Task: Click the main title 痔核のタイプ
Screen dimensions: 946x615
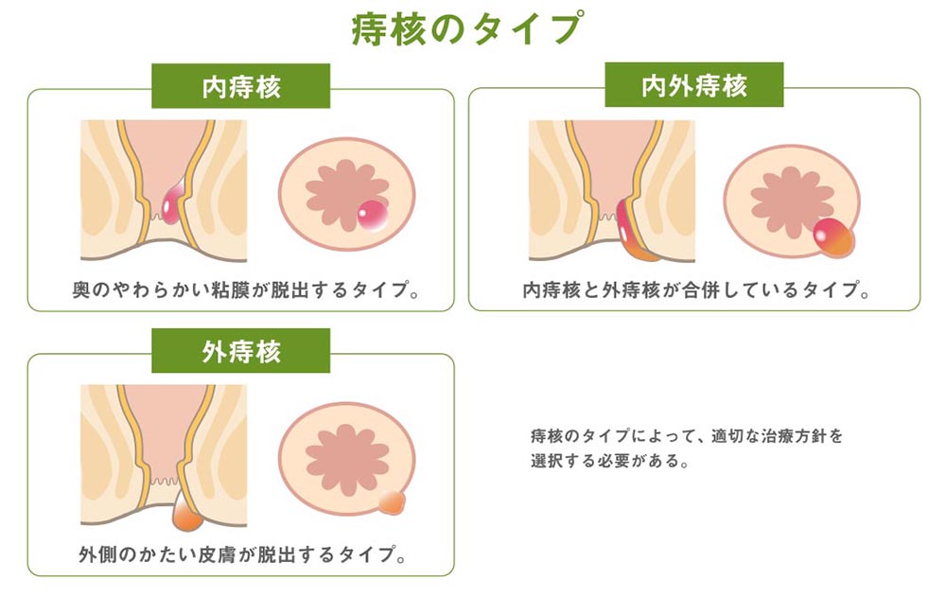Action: tap(467, 29)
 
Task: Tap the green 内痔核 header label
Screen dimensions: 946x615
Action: tap(240, 86)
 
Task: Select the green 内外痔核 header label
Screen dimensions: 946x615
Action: tap(693, 85)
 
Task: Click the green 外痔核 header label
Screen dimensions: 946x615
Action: tap(240, 351)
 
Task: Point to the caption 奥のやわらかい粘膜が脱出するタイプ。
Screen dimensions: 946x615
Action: tap(246, 290)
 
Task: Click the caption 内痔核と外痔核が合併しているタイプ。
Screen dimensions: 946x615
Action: tap(696, 290)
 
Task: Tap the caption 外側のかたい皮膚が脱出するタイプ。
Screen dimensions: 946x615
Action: tap(242, 554)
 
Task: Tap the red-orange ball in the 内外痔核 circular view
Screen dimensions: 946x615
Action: tap(833, 237)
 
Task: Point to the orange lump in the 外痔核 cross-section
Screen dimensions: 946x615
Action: tap(186, 512)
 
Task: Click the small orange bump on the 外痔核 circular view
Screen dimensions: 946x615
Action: tap(392, 502)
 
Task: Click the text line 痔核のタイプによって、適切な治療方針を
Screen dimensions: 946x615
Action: tap(687, 435)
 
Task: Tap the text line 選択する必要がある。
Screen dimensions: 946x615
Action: tap(610, 461)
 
